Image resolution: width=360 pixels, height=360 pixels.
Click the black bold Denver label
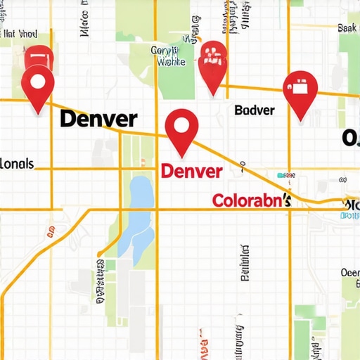[x=98, y=118]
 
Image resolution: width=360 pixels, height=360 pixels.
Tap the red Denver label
[x=191, y=171]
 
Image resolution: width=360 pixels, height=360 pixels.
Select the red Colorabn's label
[x=252, y=201]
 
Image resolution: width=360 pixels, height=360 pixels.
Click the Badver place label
[x=254, y=110]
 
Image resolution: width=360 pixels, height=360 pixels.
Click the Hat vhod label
[x=19, y=33]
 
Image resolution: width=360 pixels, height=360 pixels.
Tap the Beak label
[x=347, y=28]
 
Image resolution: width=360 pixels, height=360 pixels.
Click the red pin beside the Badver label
[x=300, y=94]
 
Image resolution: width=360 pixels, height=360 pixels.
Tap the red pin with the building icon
[x=213, y=64]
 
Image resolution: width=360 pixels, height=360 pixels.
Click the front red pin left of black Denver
[x=37, y=88]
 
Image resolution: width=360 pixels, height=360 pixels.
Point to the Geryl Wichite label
[x=168, y=56]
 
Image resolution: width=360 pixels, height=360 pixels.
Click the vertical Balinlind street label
[x=245, y=264]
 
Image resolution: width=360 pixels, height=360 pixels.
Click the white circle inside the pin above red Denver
[x=181, y=126]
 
